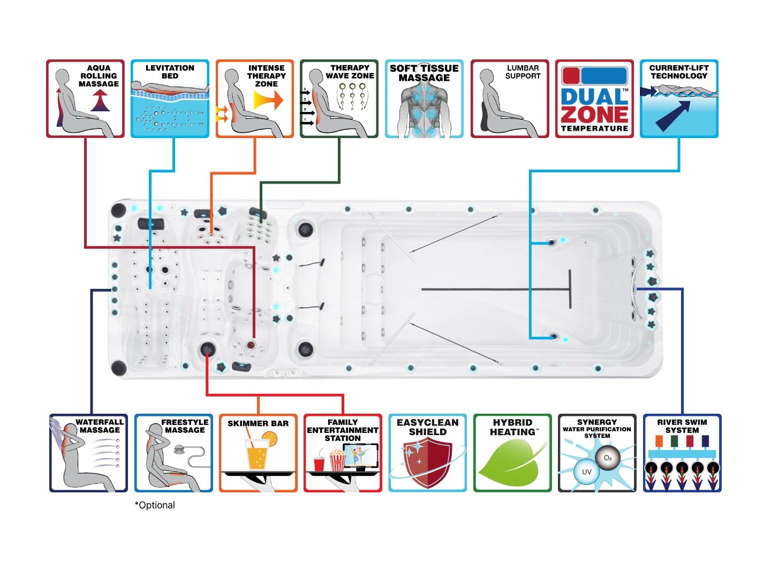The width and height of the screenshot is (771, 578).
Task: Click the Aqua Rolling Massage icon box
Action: (85, 99)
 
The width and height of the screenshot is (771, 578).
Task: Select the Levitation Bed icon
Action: (170, 99)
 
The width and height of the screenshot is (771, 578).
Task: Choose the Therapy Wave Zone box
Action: (339, 99)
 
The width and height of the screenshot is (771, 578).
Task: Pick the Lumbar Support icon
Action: (510, 99)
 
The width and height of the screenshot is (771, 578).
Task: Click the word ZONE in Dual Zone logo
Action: (594, 114)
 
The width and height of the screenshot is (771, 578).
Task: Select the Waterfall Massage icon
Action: (88, 453)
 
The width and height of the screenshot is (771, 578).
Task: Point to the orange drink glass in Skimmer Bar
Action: (256, 455)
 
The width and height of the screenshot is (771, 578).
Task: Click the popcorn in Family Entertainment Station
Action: (337, 460)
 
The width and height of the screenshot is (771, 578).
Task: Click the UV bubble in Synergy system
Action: (586, 472)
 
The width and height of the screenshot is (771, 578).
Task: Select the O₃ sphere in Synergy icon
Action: (608, 458)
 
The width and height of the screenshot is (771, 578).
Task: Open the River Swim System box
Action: (682, 453)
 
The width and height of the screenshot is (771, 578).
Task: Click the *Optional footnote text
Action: (155, 505)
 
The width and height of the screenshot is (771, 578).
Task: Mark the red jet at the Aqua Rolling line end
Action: (251, 345)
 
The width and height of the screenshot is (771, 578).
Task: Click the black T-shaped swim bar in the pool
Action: (570, 289)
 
